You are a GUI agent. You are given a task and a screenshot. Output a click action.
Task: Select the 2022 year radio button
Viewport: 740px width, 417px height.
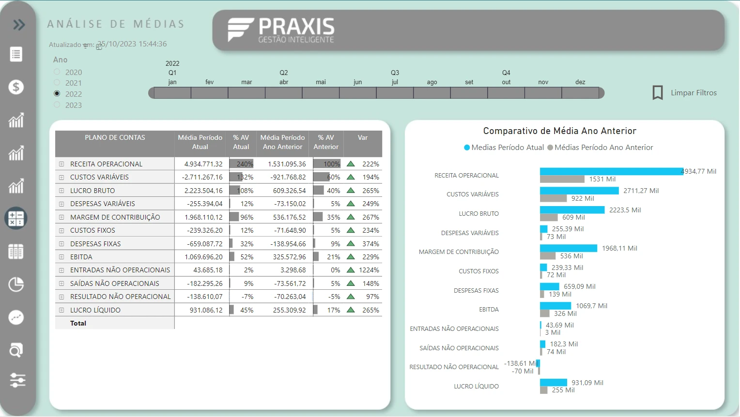click(x=57, y=93)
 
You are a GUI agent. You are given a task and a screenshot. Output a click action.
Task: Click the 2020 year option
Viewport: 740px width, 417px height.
click(x=57, y=72)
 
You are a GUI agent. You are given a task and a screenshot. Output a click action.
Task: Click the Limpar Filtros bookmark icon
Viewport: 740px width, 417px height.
click(x=657, y=92)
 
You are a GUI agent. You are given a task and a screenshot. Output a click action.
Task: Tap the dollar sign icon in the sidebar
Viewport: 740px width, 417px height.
click(x=16, y=87)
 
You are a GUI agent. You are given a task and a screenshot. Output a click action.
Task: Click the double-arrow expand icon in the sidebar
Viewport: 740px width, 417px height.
click(x=18, y=25)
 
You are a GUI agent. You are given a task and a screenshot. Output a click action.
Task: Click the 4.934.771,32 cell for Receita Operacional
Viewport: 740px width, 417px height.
click(x=203, y=164)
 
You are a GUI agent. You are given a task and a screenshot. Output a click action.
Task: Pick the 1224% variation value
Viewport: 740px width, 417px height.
click(x=369, y=270)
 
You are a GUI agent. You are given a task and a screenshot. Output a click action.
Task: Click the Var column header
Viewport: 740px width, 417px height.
click(x=362, y=138)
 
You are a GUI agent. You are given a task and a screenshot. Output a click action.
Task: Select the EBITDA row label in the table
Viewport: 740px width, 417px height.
click(x=81, y=257)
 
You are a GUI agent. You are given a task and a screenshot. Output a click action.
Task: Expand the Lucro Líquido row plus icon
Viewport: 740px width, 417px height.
click(x=62, y=310)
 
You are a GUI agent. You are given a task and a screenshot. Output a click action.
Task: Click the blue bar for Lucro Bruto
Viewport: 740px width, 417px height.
click(x=572, y=210)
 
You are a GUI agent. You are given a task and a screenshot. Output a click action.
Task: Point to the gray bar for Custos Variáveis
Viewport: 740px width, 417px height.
click(x=553, y=198)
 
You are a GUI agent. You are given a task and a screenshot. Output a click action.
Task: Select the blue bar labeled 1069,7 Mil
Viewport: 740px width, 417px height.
click(x=555, y=306)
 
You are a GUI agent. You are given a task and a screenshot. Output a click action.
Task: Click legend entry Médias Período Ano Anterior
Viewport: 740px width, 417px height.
click(x=603, y=148)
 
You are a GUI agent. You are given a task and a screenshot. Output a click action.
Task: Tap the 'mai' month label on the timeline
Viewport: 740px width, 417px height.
click(x=321, y=82)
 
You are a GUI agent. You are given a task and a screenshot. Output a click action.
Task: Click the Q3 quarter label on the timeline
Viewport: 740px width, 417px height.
click(x=395, y=73)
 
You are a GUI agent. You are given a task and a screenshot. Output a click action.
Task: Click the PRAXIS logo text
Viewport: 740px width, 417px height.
click(x=296, y=27)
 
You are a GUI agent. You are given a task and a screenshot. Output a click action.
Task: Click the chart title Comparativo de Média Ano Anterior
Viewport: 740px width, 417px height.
click(x=559, y=131)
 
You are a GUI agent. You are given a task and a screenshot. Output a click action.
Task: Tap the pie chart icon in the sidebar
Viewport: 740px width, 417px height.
click(x=16, y=284)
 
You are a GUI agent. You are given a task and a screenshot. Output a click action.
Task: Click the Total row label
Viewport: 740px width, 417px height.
click(x=78, y=323)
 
